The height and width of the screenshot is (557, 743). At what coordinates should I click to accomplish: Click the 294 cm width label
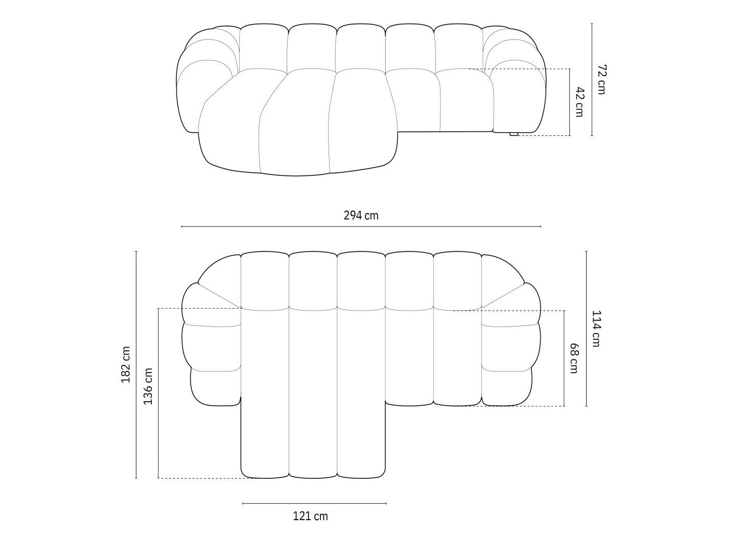[x=361, y=216]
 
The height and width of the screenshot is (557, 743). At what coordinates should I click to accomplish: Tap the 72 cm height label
[x=601, y=80]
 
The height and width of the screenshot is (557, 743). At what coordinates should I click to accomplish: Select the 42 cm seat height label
[x=580, y=102]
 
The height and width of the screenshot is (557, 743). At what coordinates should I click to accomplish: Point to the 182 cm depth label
[x=126, y=364]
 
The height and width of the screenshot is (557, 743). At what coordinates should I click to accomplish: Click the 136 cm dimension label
[x=148, y=386]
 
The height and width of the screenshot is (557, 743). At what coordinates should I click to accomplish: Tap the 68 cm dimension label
[x=574, y=358]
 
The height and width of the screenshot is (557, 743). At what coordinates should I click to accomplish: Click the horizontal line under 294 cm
[x=361, y=226]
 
